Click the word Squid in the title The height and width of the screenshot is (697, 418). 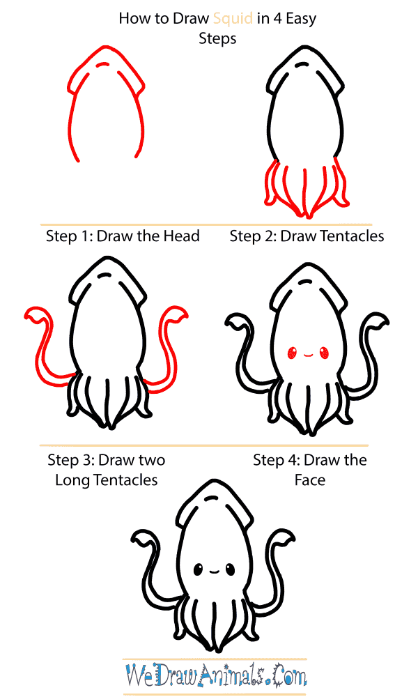[x=233, y=19]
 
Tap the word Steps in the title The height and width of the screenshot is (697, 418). [x=217, y=38]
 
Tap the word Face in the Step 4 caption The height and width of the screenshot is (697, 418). [x=309, y=480]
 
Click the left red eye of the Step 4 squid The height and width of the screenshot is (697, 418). [x=292, y=353]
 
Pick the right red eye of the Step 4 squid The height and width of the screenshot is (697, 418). [x=325, y=353]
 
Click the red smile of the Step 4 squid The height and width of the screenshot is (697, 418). [x=309, y=355]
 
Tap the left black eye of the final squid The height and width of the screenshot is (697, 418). [x=198, y=569]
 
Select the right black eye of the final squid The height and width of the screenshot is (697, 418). [x=230, y=569]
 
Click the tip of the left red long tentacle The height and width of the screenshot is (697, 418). [x=26, y=316]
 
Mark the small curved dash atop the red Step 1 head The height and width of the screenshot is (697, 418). [x=103, y=65]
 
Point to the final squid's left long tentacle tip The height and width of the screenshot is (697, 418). [x=132, y=539]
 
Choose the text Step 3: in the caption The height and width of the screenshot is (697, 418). [x=71, y=460]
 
